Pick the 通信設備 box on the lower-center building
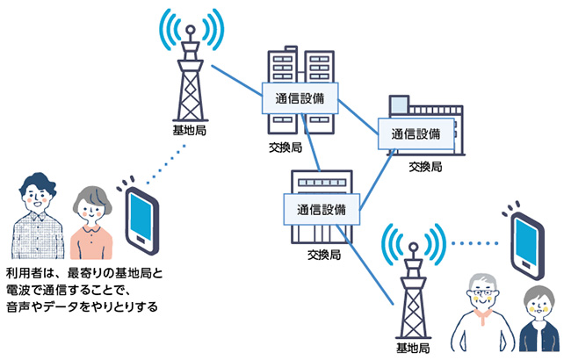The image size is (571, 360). pyautogui.click(x=322, y=210)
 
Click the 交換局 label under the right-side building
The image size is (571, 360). pyautogui.click(x=425, y=166)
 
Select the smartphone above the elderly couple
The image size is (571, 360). pyautogui.click(x=528, y=237)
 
